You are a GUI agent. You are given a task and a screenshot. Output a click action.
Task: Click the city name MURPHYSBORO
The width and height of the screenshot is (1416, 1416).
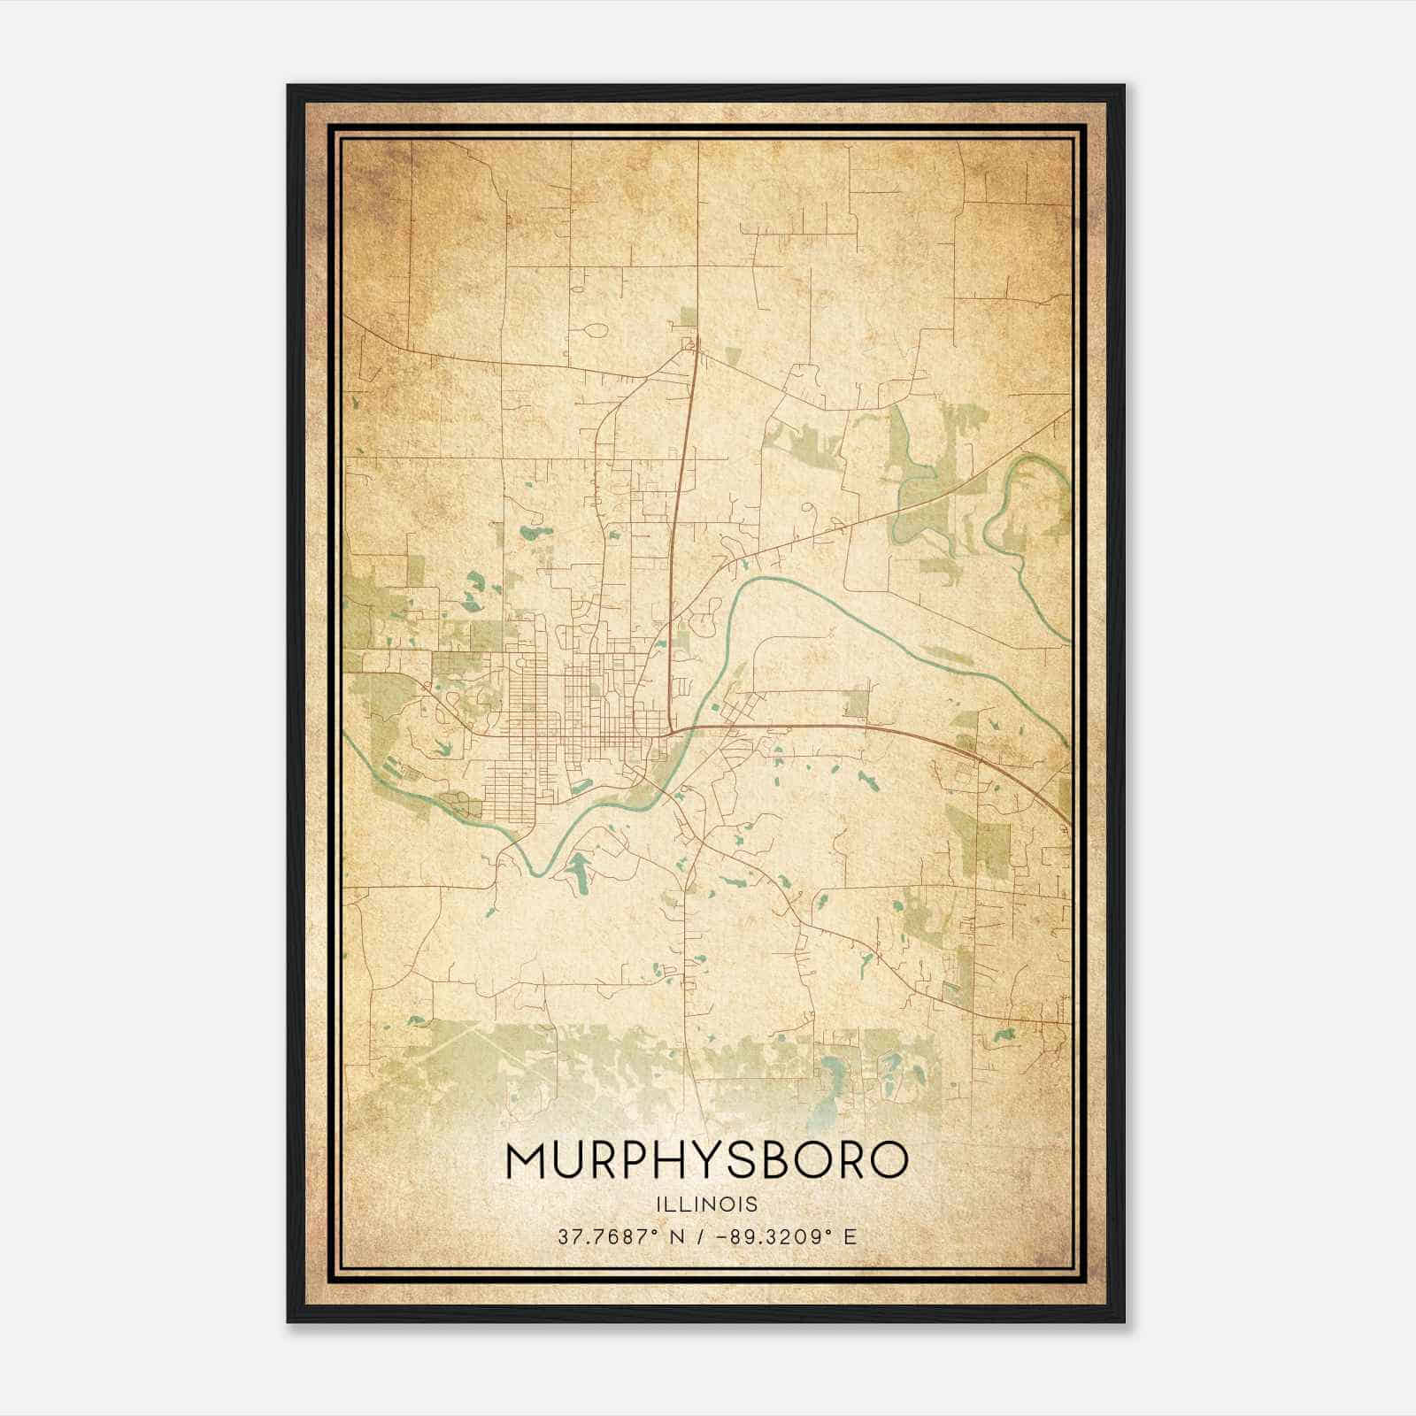pyautogui.click(x=707, y=1159)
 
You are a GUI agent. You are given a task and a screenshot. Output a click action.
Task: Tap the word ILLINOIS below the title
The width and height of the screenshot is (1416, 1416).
pyautogui.click(x=707, y=1204)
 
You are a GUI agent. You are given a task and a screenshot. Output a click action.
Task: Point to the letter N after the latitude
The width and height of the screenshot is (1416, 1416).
pyautogui.click(x=677, y=1237)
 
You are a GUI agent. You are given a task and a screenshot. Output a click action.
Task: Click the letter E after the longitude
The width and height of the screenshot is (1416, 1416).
pyautogui.click(x=850, y=1237)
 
